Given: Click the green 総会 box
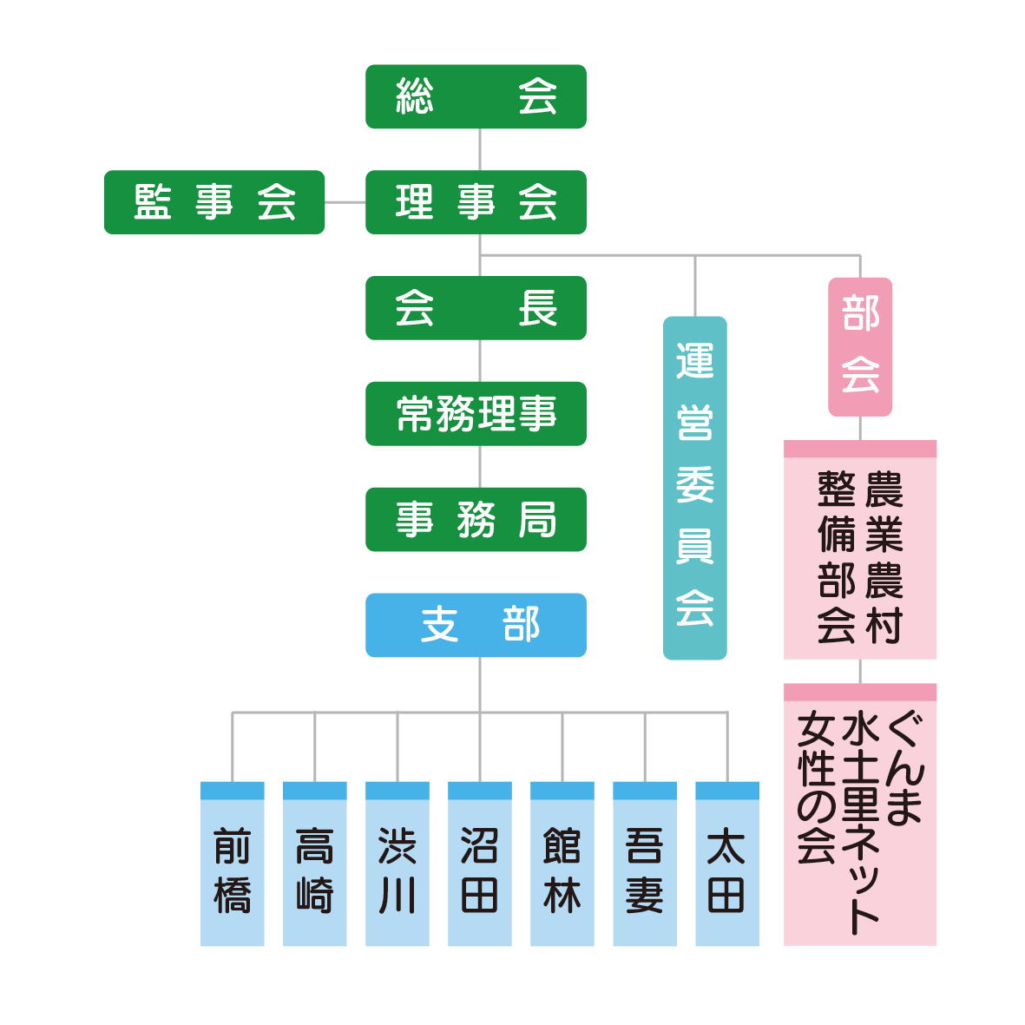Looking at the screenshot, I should tap(476, 96).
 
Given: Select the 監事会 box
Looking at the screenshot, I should tap(214, 202).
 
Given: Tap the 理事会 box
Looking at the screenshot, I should tap(476, 202).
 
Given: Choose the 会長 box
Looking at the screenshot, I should tap(476, 308).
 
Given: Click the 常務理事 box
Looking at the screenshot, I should tap(476, 414).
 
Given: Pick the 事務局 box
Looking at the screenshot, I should tap(476, 520).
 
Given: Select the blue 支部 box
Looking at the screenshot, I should tap(476, 625).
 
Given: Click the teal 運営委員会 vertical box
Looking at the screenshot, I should tap(695, 488).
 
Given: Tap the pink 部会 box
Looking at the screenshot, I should tap(860, 346).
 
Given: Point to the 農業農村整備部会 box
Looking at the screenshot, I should tap(860, 550).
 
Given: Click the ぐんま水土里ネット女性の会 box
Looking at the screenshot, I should tap(860, 814).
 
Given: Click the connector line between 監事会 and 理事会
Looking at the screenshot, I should tap(345, 202).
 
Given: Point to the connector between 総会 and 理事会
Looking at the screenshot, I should tap(480, 149).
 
